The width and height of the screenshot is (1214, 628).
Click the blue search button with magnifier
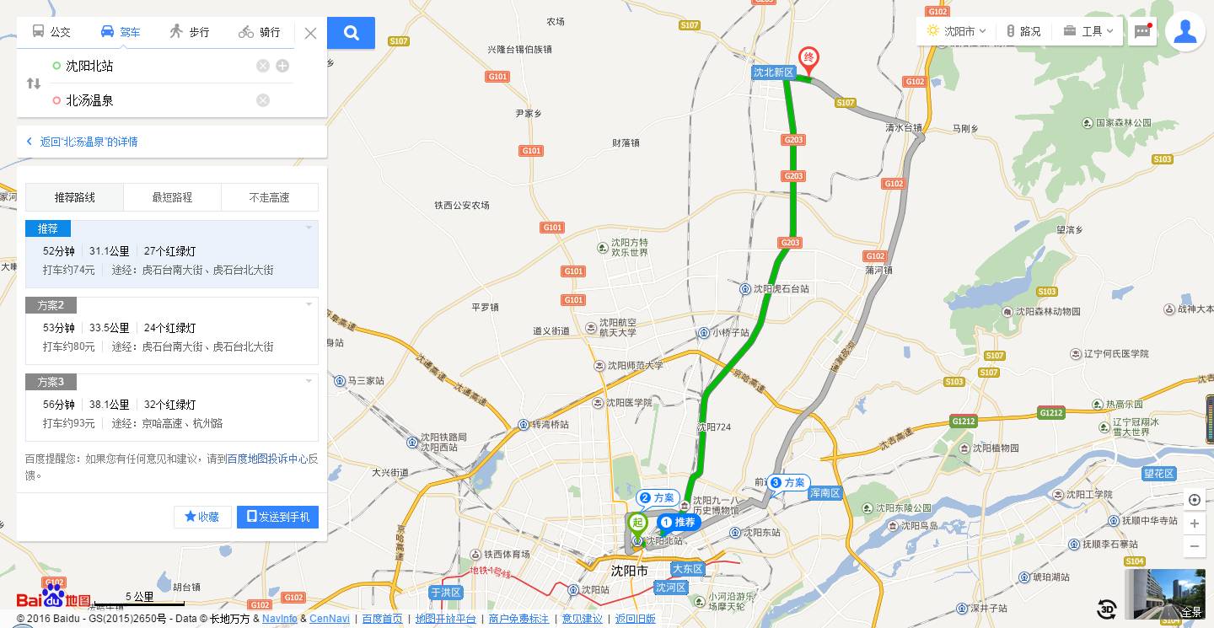(352, 33)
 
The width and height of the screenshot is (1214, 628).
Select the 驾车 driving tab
(121, 32)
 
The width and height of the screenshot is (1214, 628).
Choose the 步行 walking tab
(189, 32)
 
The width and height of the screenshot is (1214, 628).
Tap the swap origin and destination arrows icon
(34, 83)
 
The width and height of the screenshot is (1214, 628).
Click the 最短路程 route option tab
(172, 197)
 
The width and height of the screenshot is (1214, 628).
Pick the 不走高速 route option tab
(269, 197)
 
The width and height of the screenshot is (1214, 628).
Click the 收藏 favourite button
(202, 517)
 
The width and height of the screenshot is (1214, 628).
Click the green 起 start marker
(635, 523)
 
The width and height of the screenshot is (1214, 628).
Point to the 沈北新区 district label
(774, 72)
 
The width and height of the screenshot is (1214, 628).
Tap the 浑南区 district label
(825, 492)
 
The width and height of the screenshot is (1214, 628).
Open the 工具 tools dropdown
(1088, 31)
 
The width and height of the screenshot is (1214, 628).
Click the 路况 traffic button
(1023, 31)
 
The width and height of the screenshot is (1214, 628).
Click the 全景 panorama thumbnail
(1164, 594)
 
